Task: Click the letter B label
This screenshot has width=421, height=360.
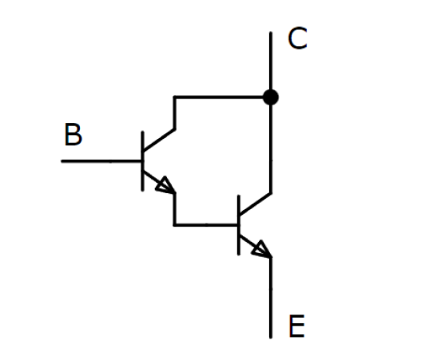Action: tap(73, 135)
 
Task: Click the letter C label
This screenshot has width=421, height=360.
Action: tap(297, 38)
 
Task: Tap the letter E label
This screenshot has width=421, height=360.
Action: tap(296, 326)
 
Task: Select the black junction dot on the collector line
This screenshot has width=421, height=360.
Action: tap(271, 97)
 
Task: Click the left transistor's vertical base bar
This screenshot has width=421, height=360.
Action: tap(142, 161)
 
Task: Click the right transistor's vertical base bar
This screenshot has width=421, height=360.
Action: tap(239, 225)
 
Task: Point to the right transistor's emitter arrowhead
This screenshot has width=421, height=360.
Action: tap(262, 249)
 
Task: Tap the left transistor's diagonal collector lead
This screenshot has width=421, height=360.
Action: tap(159, 140)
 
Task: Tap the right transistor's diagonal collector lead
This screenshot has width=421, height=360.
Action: tap(255, 204)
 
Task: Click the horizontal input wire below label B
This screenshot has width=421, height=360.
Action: tap(101, 161)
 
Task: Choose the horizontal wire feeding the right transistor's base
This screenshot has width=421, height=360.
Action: tap(206, 224)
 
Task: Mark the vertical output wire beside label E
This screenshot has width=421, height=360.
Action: tap(271, 298)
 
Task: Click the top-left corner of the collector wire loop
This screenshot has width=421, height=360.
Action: tap(175, 97)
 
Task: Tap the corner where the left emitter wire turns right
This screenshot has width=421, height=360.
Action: tap(175, 224)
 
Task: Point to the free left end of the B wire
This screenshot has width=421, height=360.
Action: tap(62, 161)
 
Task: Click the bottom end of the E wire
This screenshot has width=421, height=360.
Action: tap(271, 338)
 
